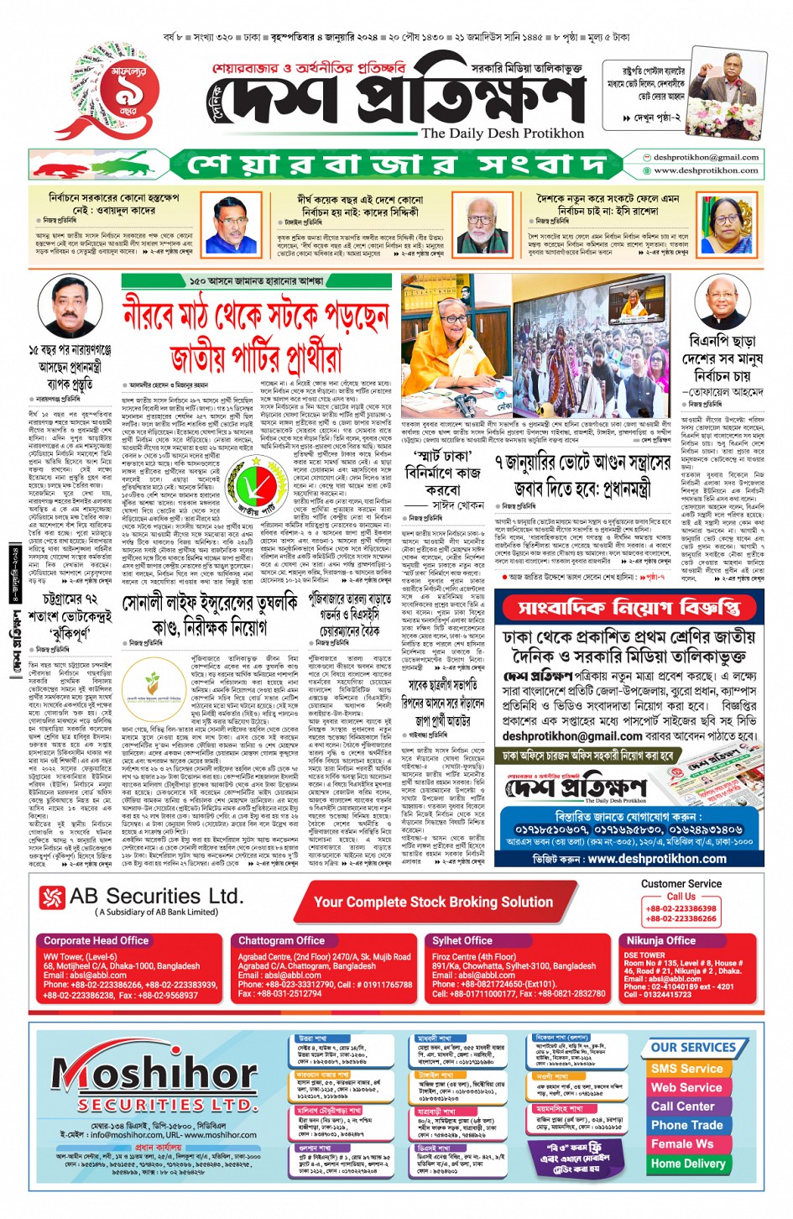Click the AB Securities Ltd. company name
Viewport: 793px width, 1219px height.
tap(156, 897)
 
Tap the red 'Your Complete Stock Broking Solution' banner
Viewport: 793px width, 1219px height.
tap(433, 902)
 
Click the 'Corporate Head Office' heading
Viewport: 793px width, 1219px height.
tap(96, 940)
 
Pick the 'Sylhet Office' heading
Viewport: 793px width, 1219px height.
tap(462, 940)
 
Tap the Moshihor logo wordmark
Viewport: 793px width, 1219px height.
tap(155, 1074)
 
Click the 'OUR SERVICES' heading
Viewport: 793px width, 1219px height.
tap(693, 1048)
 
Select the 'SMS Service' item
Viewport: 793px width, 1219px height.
tap(686, 1069)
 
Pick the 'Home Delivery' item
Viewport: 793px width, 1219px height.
tap(688, 1164)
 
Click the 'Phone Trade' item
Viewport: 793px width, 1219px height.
tap(686, 1125)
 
